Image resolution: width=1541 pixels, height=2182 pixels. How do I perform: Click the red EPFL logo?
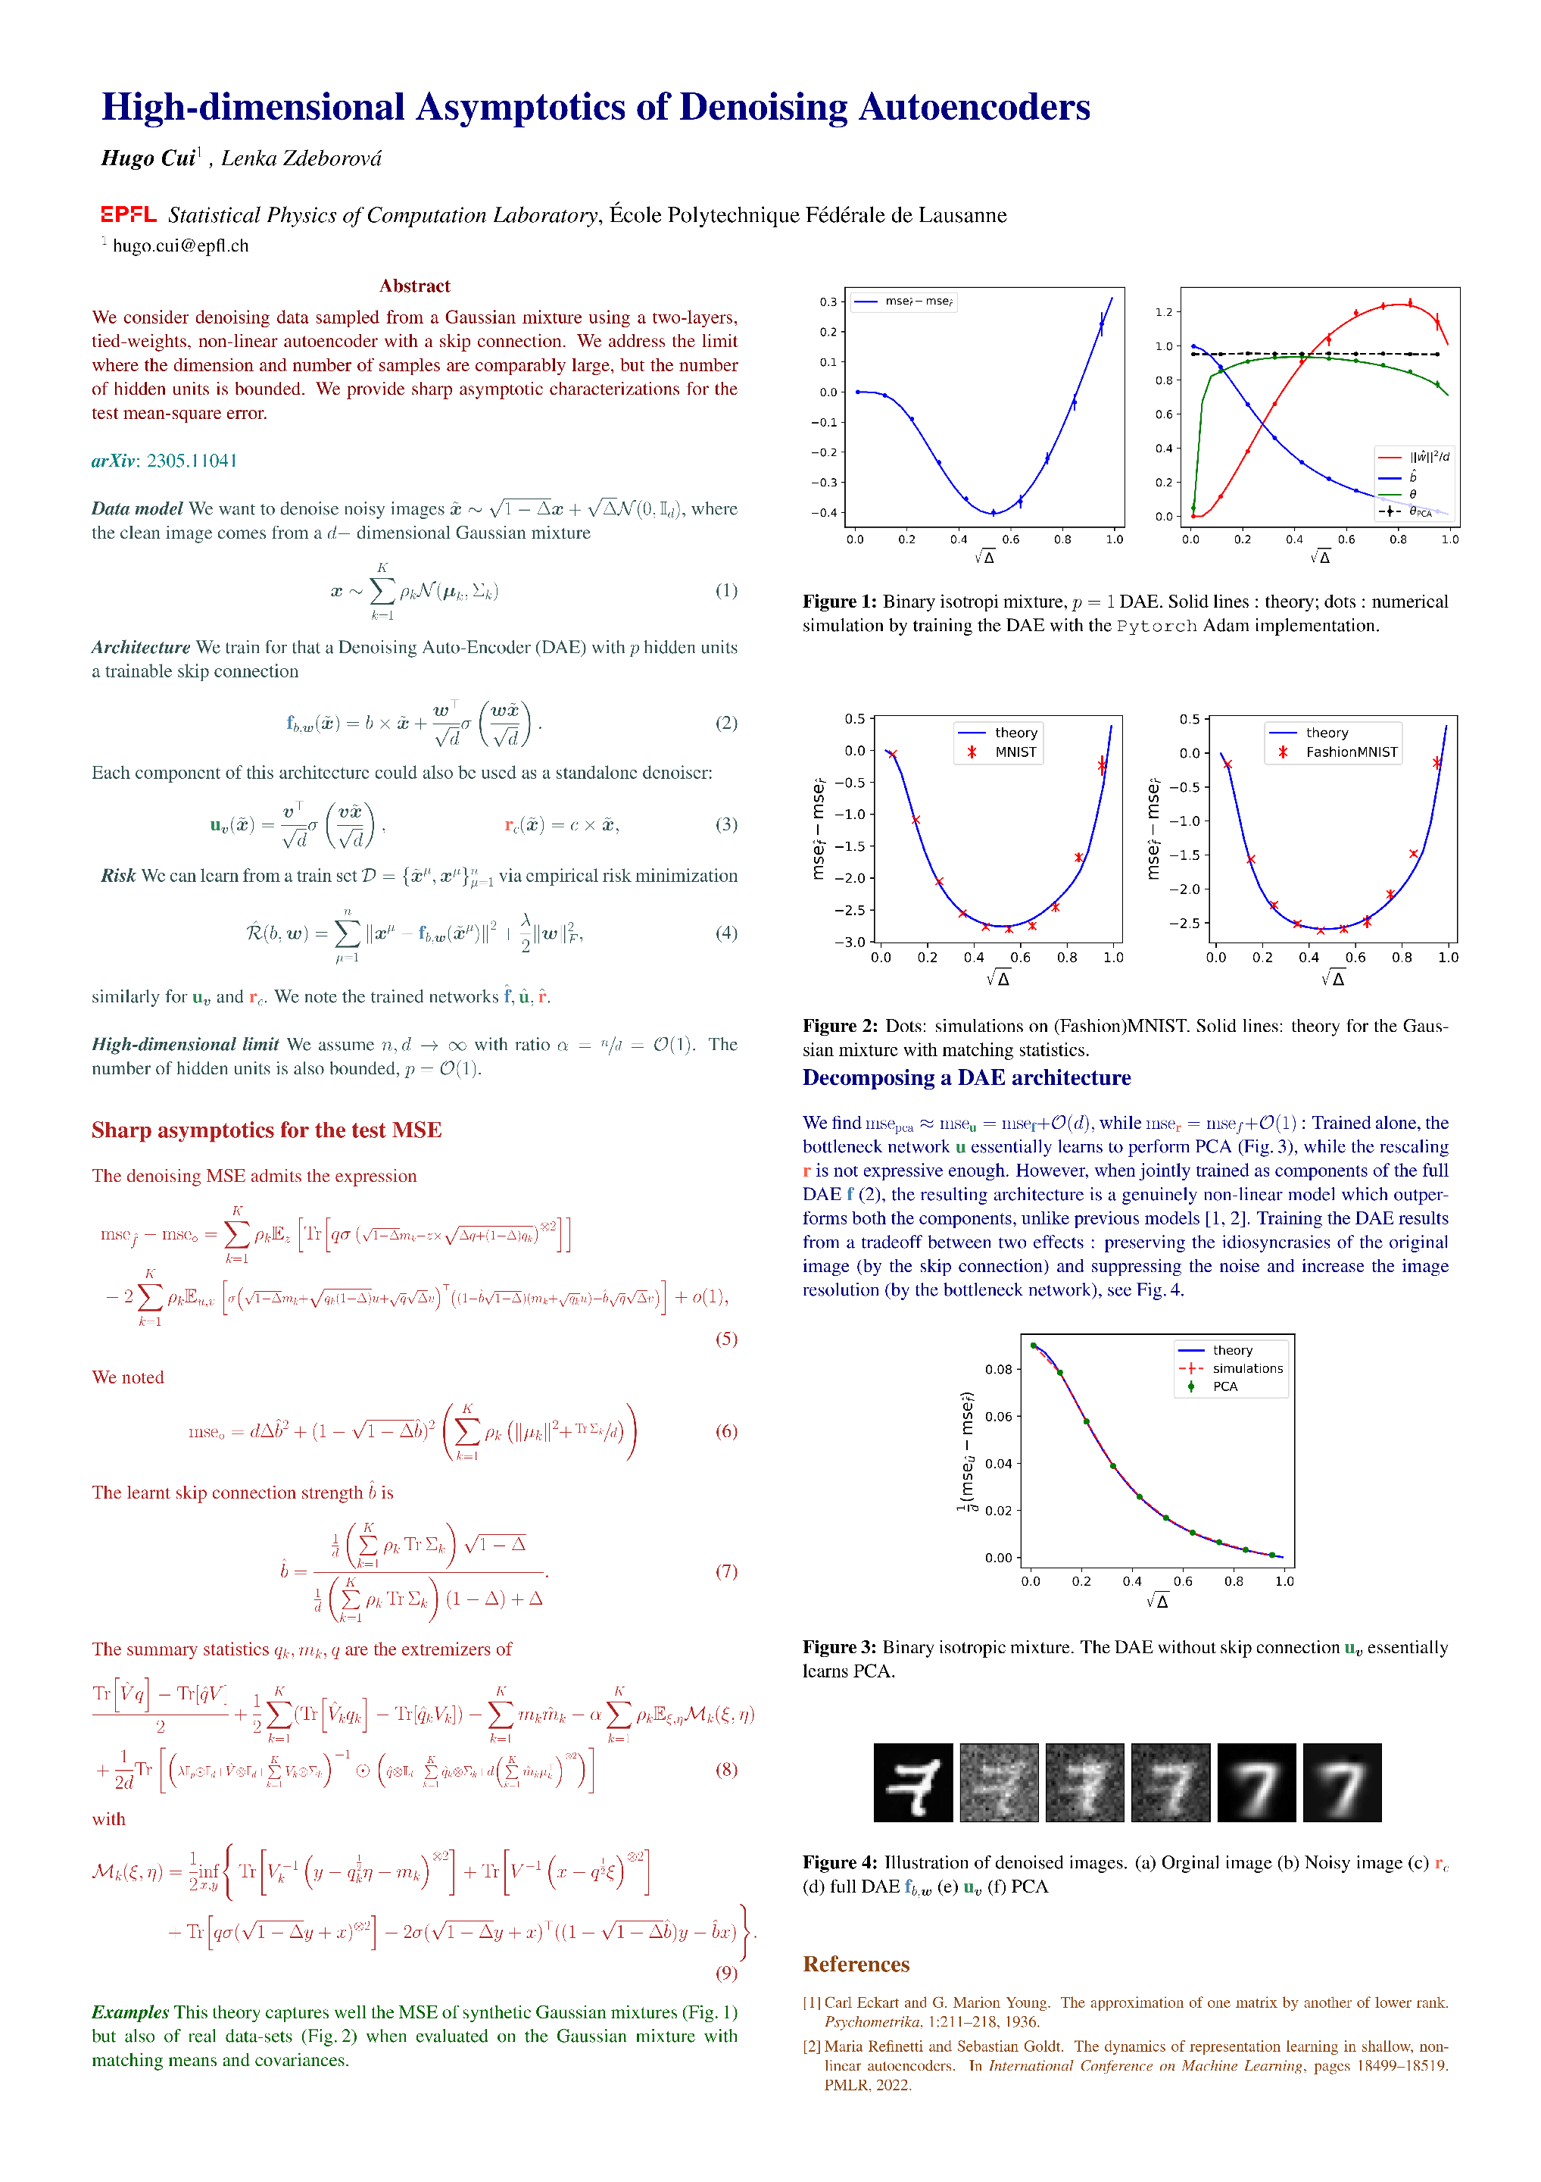[x=128, y=214]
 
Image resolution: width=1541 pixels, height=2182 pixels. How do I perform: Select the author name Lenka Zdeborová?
[x=301, y=158]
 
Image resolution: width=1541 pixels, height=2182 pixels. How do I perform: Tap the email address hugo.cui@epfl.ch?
[x=180, y=246]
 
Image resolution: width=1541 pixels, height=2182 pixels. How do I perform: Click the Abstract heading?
[x=414, y=286]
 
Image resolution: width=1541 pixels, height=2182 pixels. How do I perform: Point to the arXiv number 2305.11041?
[x=192, y=461]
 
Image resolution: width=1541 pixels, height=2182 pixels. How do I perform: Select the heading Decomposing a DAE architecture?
[x=966, y=1077]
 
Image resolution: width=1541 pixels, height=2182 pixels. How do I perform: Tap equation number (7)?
[x=726, y=1571]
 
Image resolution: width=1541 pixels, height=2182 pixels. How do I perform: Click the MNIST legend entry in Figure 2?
[x=1015, y=752]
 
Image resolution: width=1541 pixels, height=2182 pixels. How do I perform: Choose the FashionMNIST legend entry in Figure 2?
[x=1351, y=752]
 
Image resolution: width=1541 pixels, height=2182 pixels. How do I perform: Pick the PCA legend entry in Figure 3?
[x=1224, y=1386]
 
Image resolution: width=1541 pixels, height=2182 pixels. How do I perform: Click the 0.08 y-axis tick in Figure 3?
[x=999, y=1370]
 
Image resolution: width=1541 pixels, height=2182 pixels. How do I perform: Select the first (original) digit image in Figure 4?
[x=913, y=1782]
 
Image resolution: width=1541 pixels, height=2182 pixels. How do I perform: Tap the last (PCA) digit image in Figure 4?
[x=1342, y=1782]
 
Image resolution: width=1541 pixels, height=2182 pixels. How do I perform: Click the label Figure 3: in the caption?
[x=839, y=1647]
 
